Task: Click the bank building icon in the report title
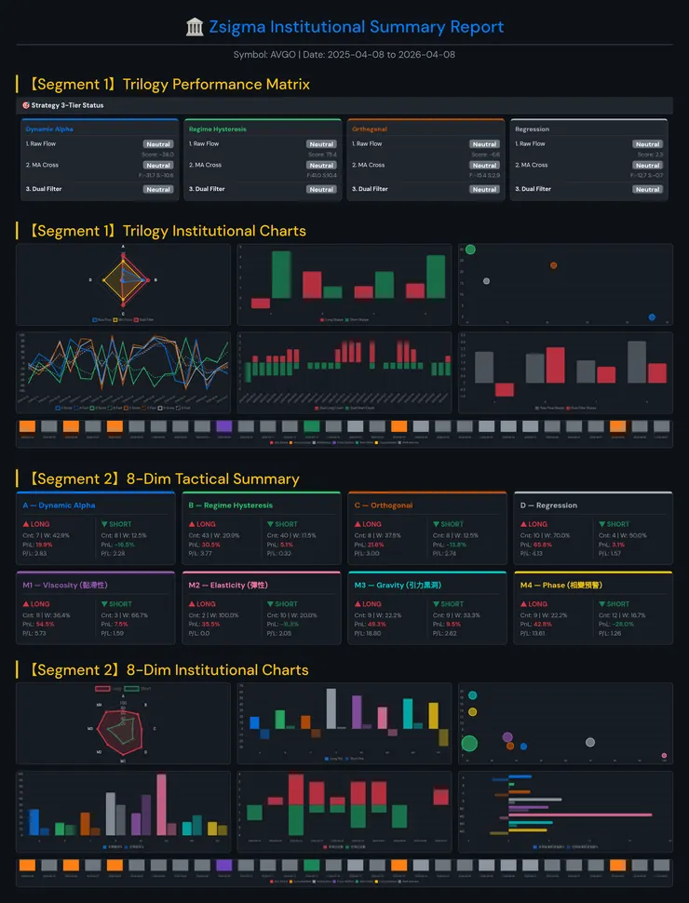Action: click(196, 27)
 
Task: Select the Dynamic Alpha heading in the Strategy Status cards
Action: click(49, 129)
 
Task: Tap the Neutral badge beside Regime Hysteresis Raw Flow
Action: click(321, 144)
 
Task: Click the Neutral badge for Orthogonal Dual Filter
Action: click(484, 189)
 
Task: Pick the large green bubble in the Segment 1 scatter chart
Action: click(470, 249)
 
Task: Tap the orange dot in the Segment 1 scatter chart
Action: click(553, 265)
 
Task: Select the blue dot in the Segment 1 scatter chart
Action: click(652, 317)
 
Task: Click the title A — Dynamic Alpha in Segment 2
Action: click(59, 505)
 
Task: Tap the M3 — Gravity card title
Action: click(391, 585)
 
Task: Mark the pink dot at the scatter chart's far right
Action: click(664, 756)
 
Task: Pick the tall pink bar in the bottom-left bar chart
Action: click(161, 804)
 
